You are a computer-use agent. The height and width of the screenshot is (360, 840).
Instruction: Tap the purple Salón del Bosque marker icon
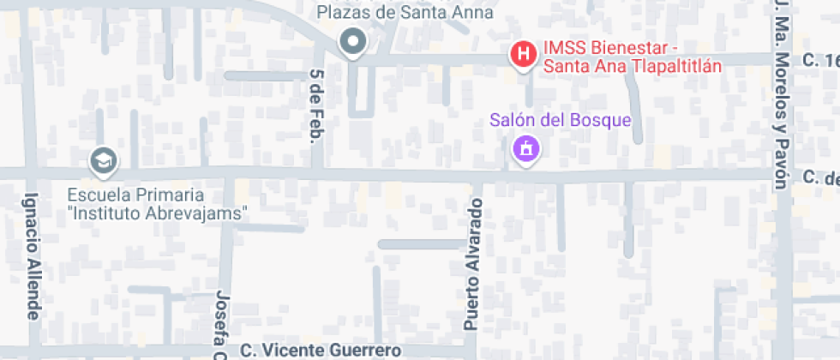pos(524,149)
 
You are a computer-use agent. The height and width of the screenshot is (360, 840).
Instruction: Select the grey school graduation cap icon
pos(104,159)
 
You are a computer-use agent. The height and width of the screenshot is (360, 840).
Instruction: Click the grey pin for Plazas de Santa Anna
pos(351,41)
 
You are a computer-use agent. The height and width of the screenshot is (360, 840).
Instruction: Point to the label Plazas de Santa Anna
pos(405,12)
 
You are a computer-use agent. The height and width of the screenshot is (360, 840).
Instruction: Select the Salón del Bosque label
pos(561,120)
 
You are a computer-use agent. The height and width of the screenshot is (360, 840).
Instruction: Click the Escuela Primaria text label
pos(135,194)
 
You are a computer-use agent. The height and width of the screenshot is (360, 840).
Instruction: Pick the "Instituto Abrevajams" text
pos(158,213)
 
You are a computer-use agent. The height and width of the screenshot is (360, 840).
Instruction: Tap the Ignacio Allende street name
pos(33,255)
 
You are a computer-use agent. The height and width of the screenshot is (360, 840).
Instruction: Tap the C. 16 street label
pos(820,60)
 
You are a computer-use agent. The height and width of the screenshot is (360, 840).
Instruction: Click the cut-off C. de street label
pos(820,177)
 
